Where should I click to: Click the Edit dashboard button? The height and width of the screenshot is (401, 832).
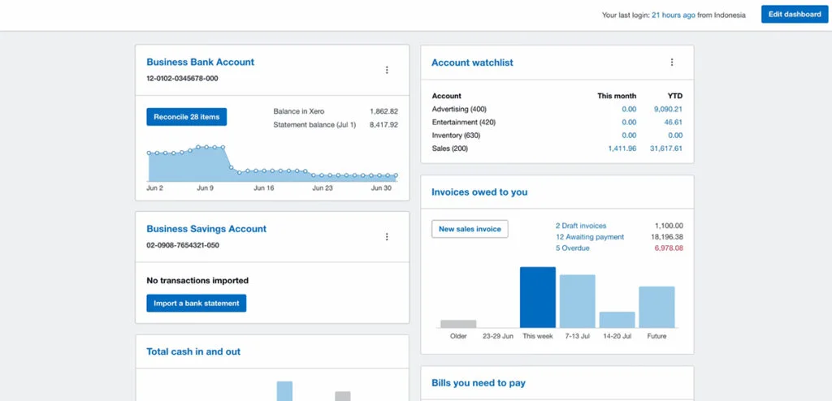[795, 15]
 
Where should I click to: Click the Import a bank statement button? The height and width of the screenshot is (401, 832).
[196, 304]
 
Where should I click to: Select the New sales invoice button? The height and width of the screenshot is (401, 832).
[470, 229]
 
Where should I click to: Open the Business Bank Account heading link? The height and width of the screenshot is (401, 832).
[200, 63]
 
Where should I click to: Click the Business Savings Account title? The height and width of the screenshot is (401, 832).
[206, 230]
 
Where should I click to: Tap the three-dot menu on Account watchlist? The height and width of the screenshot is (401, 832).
[672, 63]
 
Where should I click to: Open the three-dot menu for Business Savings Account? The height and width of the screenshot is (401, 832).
[387, 237]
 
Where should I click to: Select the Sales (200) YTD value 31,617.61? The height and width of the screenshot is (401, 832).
[667, 149]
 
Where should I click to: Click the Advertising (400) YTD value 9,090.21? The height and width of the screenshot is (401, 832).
[668, 109]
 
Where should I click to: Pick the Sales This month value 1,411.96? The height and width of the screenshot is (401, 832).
[622, 149]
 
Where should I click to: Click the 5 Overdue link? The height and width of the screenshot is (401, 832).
[572, 248]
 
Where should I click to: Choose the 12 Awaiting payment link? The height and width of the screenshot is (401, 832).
[589, 237]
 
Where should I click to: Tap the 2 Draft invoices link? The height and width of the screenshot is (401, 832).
[580, 226]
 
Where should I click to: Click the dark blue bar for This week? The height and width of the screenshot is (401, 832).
[538, 297]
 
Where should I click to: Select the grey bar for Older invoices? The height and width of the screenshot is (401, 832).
[458, 324]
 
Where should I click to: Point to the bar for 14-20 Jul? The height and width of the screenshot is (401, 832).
[617, 320]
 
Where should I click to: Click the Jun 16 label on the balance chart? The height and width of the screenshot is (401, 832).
[264, 188]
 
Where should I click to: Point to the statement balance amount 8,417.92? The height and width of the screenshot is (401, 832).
[383, 125]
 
